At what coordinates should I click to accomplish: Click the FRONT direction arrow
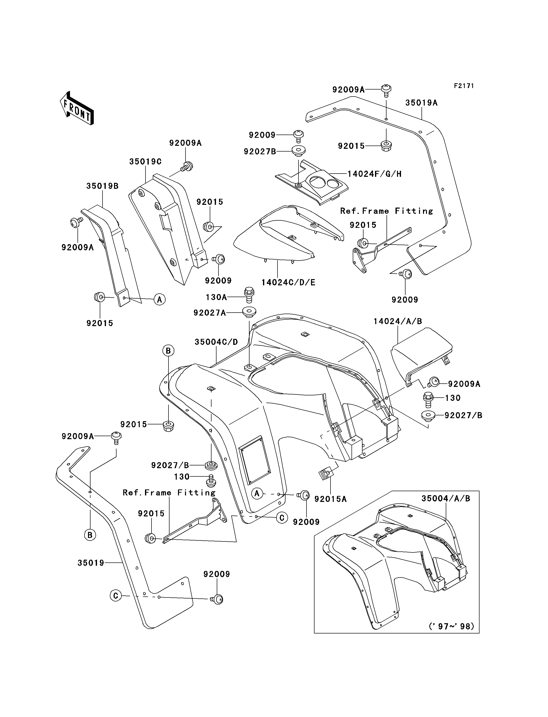pyautogui.click(x=77, y=109)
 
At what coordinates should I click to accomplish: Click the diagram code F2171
pyautogui.click(x=463, y=86)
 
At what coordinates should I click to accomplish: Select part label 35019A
pyautogui.click(x=421, y=103)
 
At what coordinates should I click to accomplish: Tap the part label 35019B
pyautogui.click(x=102, y=186)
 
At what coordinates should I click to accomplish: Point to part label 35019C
pyautogui.click(x=145, y=162)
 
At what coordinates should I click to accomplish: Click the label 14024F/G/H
pyautogui.click(x=374, y=174)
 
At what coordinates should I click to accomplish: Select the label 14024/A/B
pyautogui.click(x=398, y=321)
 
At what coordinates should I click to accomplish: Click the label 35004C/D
pyautogui.click(x=216, y=342)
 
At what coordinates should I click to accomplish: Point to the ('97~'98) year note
pyautogui.click(x=451, y=626)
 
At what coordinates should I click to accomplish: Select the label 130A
pyautogui.click(x=216, y=297)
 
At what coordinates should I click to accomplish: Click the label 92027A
pyautogui.click(x=210, y=313)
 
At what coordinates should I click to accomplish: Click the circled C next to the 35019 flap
pyautogui.click(x=115, y=596)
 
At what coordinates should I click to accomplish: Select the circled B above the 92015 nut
pyautogui.click(x=168, y=351)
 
